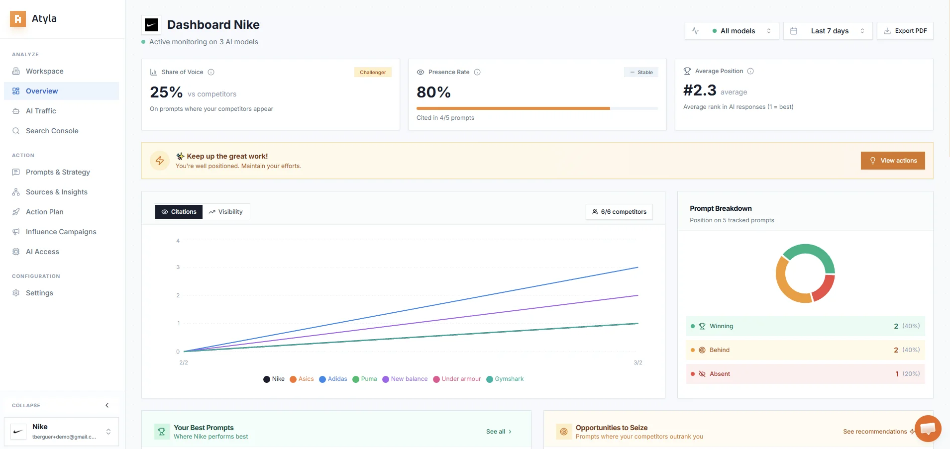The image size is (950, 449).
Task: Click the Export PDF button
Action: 905,31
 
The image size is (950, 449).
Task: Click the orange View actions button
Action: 893,161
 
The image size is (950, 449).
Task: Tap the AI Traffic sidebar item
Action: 41,111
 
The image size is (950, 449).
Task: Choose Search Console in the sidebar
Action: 52,131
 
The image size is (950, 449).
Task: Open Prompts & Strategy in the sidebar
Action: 58,172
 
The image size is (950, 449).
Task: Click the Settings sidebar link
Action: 39,293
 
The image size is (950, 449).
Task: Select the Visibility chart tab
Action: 226,212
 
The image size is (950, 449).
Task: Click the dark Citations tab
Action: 179,212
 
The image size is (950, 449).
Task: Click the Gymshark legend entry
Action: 505,379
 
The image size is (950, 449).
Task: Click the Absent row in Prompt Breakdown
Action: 805,374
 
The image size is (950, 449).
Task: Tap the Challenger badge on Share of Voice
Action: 373,73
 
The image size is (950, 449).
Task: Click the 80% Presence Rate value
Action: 433,92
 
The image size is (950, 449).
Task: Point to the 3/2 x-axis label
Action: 637,362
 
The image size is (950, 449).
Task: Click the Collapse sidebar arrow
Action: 107,405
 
